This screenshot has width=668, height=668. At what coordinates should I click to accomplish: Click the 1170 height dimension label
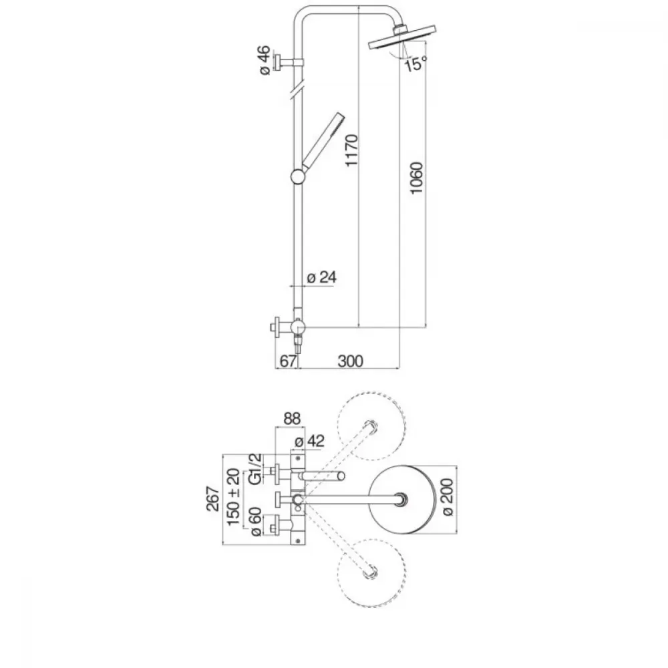point(352,151)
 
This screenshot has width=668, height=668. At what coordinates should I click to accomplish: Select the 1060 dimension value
point(416,178)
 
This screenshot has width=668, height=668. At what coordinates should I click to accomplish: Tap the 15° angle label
point(415,64)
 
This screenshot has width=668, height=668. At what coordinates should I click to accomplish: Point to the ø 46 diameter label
point(265,60)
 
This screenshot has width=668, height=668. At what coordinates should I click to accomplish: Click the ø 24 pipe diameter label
point(322,277)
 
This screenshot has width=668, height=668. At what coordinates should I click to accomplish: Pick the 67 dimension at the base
point(287,361)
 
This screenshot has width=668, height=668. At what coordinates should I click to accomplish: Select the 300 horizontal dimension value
point(350,361)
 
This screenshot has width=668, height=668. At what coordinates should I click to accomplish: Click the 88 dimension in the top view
point(292,419)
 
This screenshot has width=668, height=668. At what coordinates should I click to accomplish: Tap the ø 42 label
point(310,442)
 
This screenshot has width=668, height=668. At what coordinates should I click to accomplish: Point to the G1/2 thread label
point(255,469)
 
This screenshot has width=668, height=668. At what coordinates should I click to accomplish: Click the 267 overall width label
point(212,498)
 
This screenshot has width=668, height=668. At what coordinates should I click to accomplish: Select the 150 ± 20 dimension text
point(233,497)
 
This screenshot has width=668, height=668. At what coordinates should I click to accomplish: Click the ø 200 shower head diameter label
point(447,497)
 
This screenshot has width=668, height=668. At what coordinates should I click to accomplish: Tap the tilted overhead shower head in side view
point(402,38)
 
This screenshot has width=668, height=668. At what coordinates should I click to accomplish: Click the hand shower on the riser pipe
point(323,140)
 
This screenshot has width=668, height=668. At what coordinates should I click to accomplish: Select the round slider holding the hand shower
point(298,176)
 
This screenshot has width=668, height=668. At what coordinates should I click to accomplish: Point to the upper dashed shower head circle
point(371,392)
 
